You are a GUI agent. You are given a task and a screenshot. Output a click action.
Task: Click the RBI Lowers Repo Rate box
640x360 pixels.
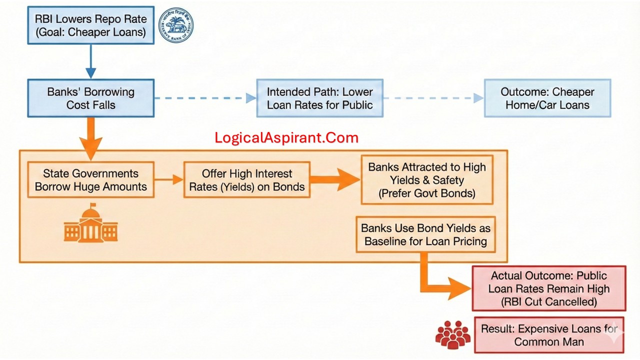[90, 26]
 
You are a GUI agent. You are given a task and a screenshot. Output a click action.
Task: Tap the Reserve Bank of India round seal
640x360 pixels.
[176, 24]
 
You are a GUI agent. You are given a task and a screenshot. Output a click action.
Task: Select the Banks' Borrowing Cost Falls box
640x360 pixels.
[90, 98]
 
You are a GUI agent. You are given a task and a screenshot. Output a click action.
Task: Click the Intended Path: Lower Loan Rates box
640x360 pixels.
[319, 98]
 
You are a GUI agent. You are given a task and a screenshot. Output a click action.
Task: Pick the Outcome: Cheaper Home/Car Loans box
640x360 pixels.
[547, 98]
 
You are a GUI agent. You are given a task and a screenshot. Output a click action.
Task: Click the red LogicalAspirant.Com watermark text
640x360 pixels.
[286, 138]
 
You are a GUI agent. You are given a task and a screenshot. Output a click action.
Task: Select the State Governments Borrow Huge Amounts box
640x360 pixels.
[90, 180]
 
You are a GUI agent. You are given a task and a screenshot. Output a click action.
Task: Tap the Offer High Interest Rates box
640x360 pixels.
[246, 180]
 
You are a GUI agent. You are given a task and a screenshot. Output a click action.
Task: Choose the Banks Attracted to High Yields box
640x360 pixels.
[427, 180]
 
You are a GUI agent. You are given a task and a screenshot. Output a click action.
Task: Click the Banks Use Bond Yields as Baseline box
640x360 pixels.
[425, 234]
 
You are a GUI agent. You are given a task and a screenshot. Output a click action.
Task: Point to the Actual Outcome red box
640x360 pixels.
[548, 288]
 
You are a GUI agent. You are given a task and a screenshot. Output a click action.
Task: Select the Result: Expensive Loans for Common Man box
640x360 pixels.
[548, 335]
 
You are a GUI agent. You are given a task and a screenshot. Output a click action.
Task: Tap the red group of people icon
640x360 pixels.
[452, 334]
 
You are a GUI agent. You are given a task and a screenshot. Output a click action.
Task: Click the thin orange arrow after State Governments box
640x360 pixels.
[168, 179]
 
